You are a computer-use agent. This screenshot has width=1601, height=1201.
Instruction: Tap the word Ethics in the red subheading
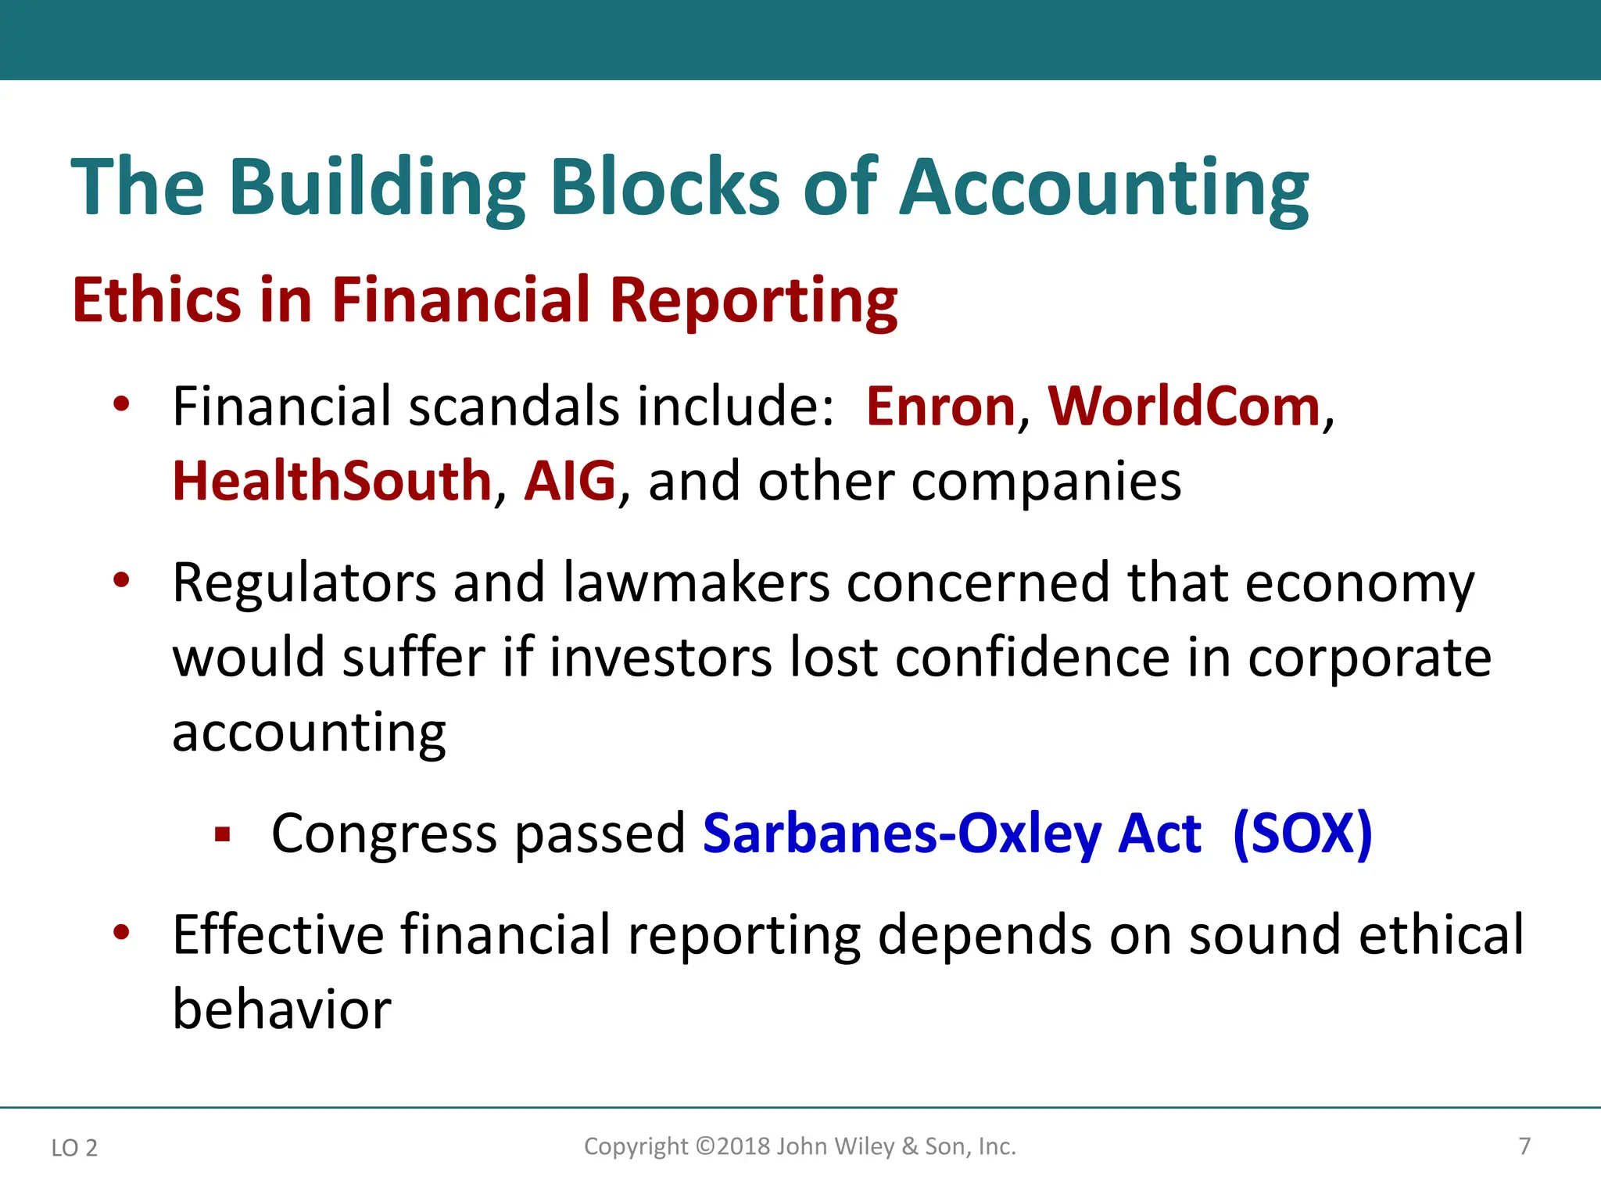coord(156,300)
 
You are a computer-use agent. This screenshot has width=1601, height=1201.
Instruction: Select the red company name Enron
coord(940,407)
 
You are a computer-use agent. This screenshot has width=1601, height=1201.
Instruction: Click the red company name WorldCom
coord(1184,407)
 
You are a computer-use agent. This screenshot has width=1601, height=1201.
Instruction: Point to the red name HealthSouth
coord(331,481)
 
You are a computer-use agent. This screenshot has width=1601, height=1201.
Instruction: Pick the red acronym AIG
coord(570,481)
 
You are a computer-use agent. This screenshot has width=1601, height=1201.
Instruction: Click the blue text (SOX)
coord(1302,834)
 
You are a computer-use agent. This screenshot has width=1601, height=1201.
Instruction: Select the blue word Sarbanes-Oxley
coord(902,834)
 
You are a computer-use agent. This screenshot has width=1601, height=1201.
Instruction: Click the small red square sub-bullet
coord(223,835)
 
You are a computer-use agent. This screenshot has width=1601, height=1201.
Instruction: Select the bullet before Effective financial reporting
coord(120,932)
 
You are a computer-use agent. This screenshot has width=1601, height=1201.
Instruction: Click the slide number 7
coord(1524,1146)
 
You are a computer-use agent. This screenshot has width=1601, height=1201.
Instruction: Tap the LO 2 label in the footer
coord(74,1148)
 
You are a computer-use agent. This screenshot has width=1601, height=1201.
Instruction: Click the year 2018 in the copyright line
coord(743,1146)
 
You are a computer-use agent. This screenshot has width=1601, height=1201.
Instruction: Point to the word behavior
coord(281,1009)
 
